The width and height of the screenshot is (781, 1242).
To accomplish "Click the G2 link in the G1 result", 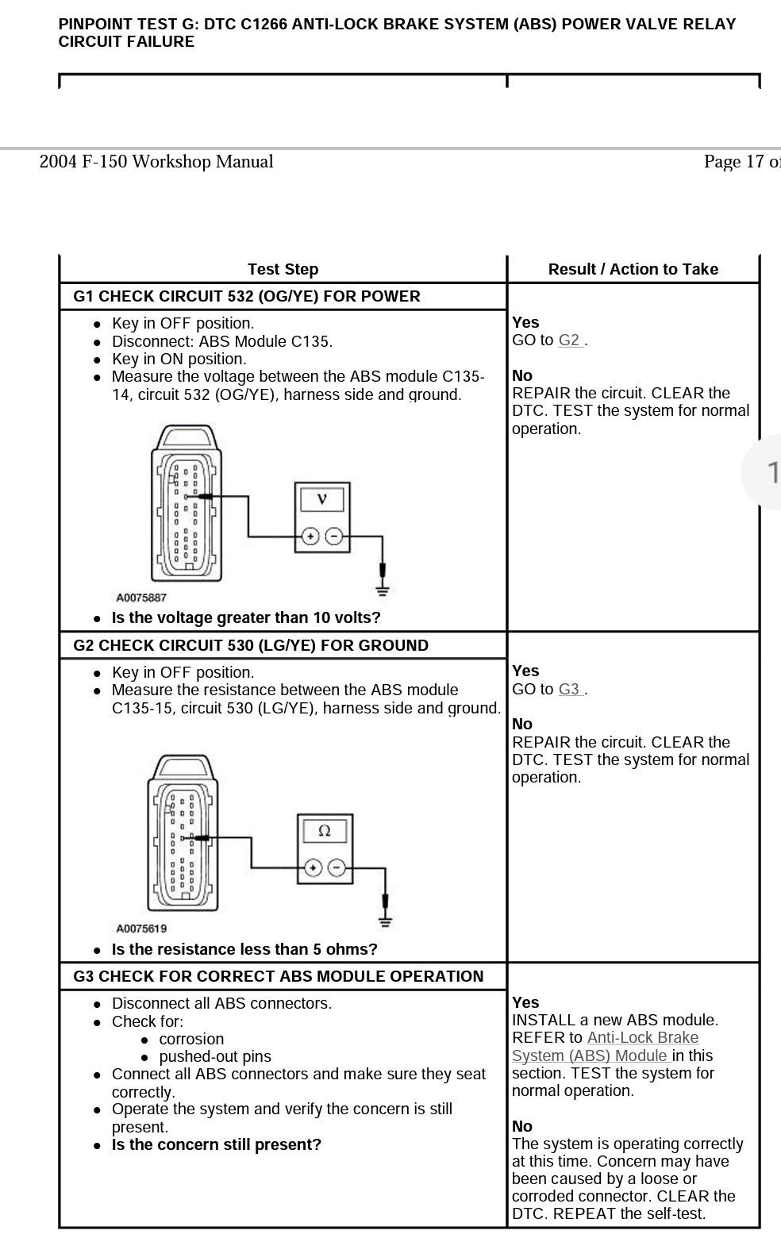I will pyautogui.click(x=570, y=340).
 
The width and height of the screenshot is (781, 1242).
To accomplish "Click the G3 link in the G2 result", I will pyautogui.click(x=570, y=690).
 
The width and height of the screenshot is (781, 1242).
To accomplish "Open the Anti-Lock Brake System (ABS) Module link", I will pyautogui.click(x=605, y=1047).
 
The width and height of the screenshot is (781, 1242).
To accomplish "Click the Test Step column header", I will pyautogui.click(x=283, y=270).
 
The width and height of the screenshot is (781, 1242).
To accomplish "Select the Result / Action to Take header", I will pyautogui.click(x=633, y=270).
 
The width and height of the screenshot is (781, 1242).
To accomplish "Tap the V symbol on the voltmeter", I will pyautogui.click(x=321, y=499).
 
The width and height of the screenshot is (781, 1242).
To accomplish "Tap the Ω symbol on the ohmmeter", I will pyautogui.click(x=324, y=831).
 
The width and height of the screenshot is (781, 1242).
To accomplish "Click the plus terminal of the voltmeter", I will pyautogui.click(x=310, y=537).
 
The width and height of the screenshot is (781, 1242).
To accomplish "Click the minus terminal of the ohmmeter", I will pyautogui.click(x=337, y=868).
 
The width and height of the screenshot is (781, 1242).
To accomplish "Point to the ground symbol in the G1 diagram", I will pyautogui.click(x=383, y=589).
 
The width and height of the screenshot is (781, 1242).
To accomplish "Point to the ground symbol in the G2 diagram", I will pyautogui.click(x=385, y=920).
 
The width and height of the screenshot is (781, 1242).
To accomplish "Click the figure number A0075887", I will pyautogui.click(x=141, y=598).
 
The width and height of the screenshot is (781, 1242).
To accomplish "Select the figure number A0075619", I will pyautogui.click(x=141, y=929).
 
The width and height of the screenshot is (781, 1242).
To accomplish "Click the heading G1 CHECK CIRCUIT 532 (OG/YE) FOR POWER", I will pyautogui.click(x=247, y=297).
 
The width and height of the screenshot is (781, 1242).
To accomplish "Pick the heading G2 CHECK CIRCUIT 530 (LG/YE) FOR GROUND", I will pyautogui.click(x=251, y=646).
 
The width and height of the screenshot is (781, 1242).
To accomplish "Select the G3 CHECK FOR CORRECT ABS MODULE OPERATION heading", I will pyautogui.click(x=279, y=977).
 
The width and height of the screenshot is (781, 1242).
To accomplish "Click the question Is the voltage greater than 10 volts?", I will pyautogui.click(x=246, y=618).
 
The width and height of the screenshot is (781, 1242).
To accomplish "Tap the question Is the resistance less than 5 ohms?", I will pyautogui.click(x=244, y=950).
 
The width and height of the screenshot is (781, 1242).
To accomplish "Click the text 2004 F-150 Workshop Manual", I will pyautogui.click(x=156, y=162).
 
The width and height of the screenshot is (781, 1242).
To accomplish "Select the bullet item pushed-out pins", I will pyautogui.click(x=215, y=1057).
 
